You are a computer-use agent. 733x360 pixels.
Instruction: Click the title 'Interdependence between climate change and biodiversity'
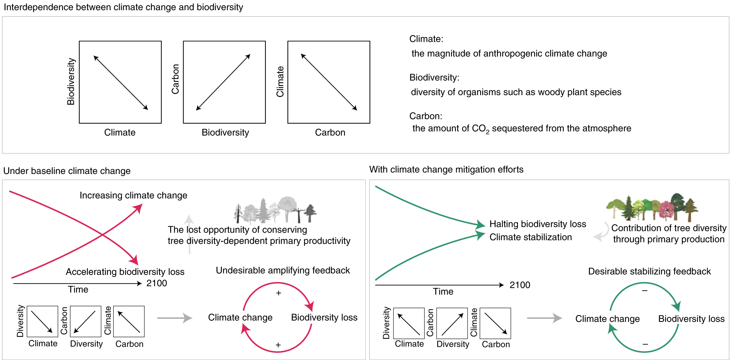click(123, 7)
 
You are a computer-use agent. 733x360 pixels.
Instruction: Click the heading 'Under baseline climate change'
click(67, 171)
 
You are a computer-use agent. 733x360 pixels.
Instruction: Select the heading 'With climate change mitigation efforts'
click(446, 170)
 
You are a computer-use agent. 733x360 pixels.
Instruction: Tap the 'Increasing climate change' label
click(133, 195)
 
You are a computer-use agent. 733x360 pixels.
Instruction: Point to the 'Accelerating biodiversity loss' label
click(125, 272)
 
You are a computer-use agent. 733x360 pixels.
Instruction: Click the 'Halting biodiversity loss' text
click(537, 224)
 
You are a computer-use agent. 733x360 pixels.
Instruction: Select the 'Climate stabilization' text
click(530, 237)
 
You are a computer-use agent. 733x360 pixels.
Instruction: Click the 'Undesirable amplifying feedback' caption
click(283, 270)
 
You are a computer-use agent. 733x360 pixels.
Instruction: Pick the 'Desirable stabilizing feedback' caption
click(649, 271)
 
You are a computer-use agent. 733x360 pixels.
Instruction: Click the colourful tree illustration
click(652, 208)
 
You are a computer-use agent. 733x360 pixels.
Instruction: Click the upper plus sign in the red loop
click(279, 293)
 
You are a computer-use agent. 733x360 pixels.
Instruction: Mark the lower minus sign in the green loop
click(645, 344)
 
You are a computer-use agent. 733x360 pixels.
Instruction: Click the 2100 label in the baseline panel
click(157, 283)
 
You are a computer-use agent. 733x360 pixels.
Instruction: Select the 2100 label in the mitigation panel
click(520, 285)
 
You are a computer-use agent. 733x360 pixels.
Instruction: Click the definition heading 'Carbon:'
click(426, 116)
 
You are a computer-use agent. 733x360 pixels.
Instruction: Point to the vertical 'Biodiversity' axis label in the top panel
click(71, 82)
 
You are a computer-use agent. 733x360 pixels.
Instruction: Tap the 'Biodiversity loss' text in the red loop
click(324, 317)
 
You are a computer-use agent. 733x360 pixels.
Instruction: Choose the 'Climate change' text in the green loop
click(607, 319)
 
